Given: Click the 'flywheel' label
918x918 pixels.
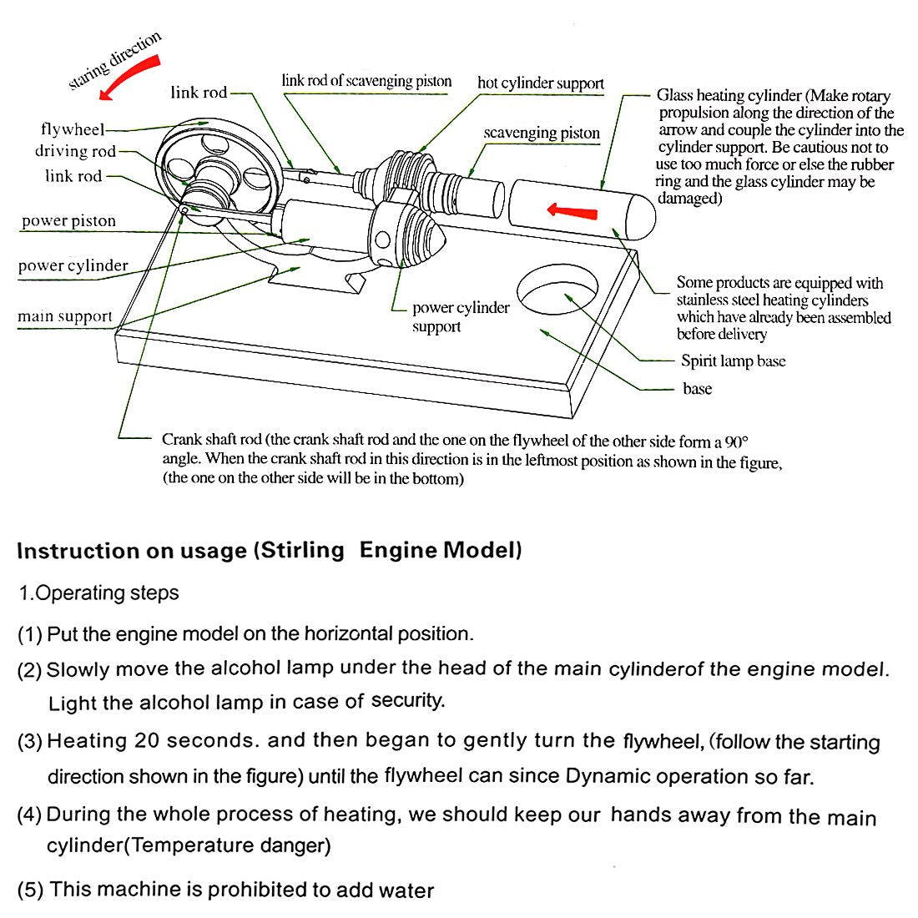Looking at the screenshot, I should tap(73, 129).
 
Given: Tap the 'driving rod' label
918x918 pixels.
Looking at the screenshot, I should tap(75, 151).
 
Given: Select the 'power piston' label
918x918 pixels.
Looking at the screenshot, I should tap(68, 221).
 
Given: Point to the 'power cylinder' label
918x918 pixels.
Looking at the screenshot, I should tap(73, 266).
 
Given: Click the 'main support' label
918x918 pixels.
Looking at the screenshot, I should tap(65, 316).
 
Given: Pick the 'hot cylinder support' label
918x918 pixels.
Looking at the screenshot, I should tap(540, 83).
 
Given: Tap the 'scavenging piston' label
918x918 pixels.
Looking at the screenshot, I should tap(542, 133).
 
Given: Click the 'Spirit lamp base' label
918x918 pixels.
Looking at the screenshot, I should tap(733, 361).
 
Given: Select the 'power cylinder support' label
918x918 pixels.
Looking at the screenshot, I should tap(461, 317).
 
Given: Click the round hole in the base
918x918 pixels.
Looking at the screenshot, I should tap(557, 291).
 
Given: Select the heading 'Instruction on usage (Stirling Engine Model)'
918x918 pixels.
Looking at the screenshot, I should tap(269, 551).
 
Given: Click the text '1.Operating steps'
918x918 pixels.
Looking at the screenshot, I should tap(98, 593).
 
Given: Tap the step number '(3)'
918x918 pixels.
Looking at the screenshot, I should tap(30, 741).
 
